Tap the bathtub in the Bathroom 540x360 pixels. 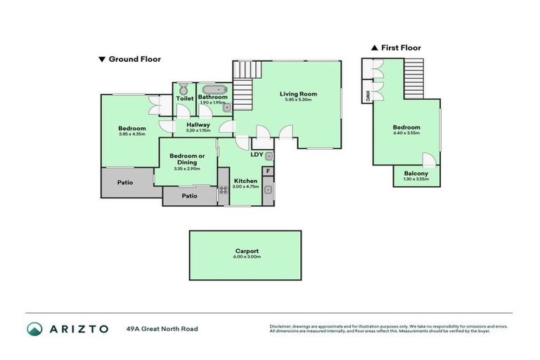tap(212, 89)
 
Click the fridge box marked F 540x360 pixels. tap(268, 171)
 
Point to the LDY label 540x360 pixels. tap(257, 154)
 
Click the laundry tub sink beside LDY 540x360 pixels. tap(268, 155)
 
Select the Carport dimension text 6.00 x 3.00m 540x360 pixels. tap(245, 257)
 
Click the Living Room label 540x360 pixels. tap(298, 94)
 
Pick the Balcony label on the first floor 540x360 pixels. tap(416, 174)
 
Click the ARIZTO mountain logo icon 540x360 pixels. tap(34, 328)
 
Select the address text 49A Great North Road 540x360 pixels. tap(162, 328)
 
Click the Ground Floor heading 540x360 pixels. tap(134, 59)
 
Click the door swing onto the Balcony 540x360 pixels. tap(428, 158)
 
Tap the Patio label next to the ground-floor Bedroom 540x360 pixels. tap(125, 182)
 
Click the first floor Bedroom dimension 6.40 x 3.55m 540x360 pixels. tap(406, 134)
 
